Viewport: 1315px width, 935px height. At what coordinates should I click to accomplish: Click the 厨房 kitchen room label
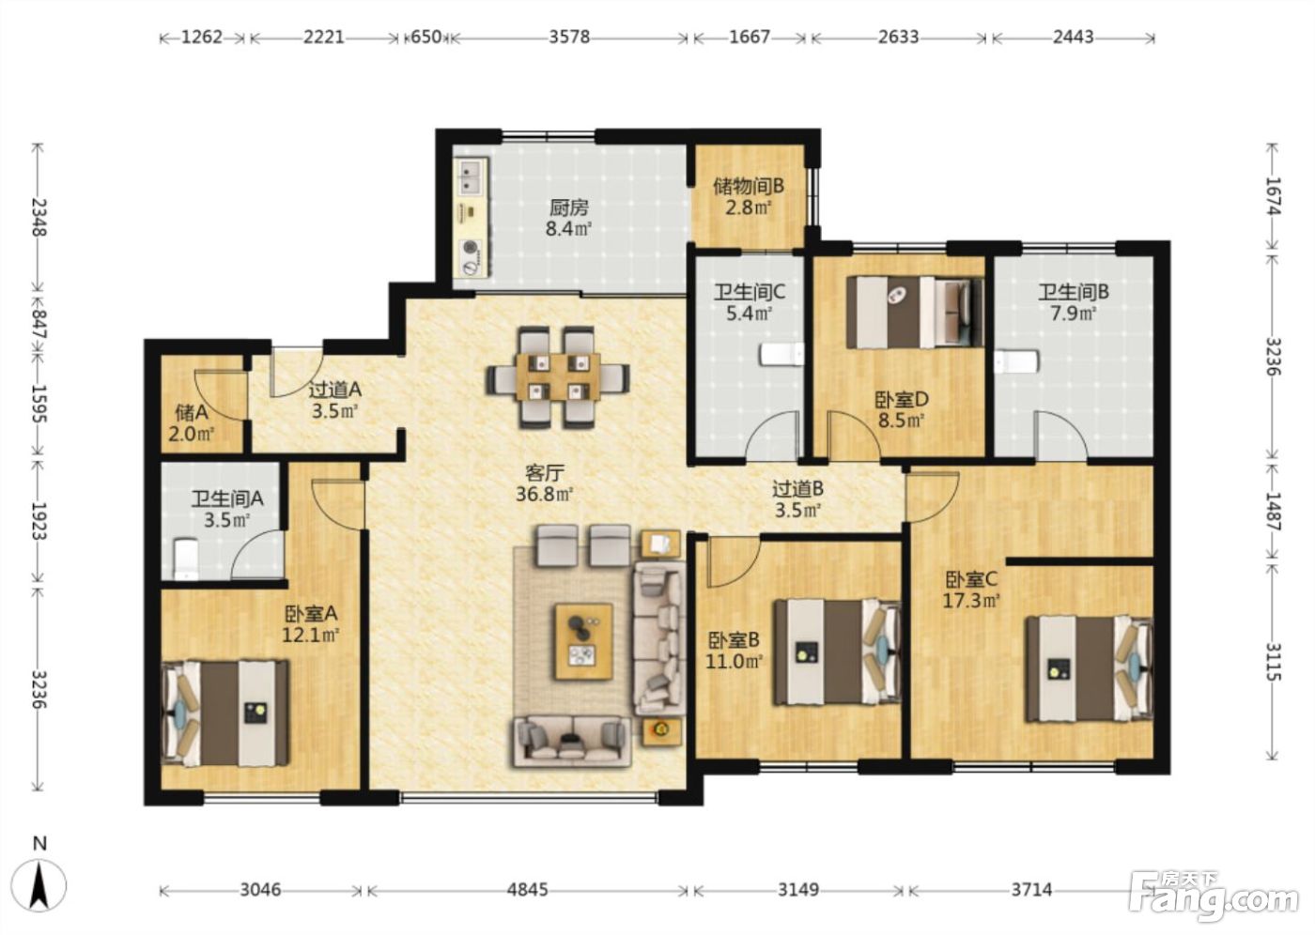pos(568,207)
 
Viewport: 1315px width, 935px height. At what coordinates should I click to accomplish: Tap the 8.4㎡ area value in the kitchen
pos(568,229)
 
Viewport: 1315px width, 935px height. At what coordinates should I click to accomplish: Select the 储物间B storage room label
pos(748,187)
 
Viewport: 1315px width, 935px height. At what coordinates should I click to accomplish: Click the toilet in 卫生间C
pos(781,355)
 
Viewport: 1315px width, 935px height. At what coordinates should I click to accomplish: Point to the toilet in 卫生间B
pos(1016,360)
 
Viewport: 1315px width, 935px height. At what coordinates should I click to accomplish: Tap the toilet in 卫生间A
pos(186,559)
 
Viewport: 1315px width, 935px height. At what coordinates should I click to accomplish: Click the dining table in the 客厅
pos(558,377)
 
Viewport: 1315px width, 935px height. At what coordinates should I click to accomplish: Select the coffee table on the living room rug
pos(584,641)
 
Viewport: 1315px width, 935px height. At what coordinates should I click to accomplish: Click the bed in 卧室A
pos(225,713)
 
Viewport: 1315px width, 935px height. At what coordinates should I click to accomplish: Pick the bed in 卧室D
pos(915,313)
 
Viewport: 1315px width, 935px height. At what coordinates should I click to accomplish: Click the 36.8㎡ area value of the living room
pos(544,495)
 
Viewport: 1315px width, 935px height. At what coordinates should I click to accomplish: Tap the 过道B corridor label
pos(797,488)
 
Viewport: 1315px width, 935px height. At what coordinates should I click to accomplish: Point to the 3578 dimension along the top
pos(569,37)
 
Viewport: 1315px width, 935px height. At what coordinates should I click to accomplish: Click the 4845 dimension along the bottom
pos(528,890)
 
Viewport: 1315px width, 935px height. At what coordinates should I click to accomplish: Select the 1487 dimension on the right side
pos(1272,511)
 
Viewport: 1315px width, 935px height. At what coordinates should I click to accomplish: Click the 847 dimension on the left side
pos(39,324)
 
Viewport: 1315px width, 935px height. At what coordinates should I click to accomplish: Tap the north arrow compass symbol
pos(39,887)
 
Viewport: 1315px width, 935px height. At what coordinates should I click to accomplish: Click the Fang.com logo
pos(1214,900)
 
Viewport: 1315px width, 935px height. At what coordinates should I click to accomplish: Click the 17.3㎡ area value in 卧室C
pos(971,601)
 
